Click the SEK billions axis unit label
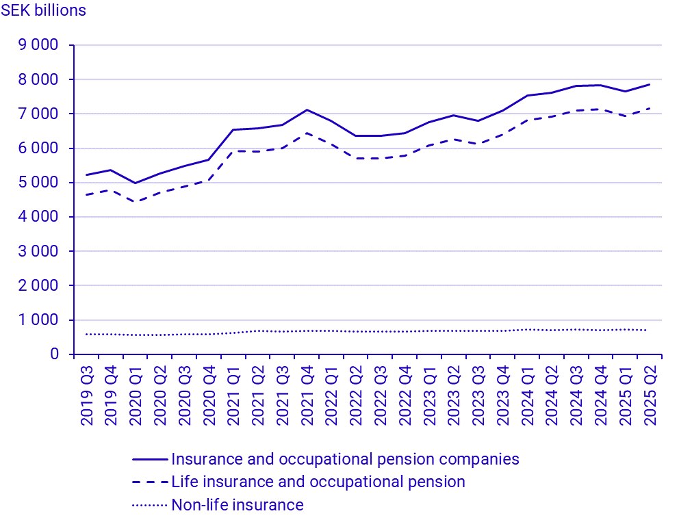click(44, 11)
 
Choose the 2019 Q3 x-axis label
click(87, 395)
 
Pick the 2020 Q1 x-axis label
click(136, 395)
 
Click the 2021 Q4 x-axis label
click(307, 395)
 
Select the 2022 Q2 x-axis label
click(356, 395)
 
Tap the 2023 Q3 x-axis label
click(478, 395)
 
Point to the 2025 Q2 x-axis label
click(649, 395)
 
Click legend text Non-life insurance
click(238, 505)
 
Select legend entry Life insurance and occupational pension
click(318, 482)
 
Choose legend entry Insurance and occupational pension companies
click(345, 458)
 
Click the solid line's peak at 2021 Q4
click(307, 109)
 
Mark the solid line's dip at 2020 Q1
click(136, 183)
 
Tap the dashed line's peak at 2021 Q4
click(307, 133)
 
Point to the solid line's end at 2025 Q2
click(649, 84)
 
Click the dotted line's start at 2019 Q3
click(87, 334)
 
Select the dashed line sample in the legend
click(149, 482)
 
